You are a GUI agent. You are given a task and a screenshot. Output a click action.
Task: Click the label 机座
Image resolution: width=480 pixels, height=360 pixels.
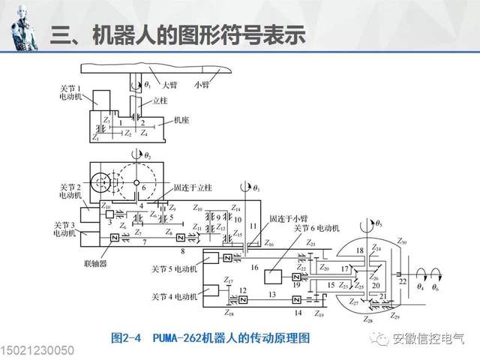tap(180, 120)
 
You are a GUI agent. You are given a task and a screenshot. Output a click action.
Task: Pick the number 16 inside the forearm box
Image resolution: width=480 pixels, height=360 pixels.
tap(254, 267)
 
